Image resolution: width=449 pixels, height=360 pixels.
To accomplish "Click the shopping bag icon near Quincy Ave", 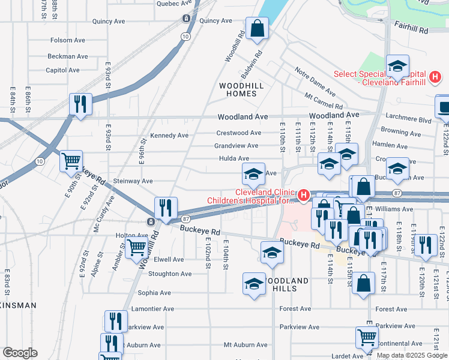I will click(257, 28).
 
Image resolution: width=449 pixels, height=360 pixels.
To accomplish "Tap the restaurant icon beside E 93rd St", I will click(80, 104).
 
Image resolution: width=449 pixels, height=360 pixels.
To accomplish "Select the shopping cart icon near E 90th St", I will click(71, 160).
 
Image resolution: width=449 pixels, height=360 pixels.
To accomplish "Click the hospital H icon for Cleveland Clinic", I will click(304, 195).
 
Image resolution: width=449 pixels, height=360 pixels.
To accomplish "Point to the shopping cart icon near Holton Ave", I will click(137, 246).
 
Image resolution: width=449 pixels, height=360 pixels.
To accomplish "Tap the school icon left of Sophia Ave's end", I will click(254, 283).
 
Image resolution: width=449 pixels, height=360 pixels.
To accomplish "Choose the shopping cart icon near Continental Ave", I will click(367, 338).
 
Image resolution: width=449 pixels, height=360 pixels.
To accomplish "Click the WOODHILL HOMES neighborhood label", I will click(241, 90).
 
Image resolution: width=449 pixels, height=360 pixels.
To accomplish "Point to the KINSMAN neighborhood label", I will click(18, 305).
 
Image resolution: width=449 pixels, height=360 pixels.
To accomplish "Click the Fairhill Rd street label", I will click(411, 27).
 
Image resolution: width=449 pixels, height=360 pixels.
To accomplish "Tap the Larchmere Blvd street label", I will click(409, 120).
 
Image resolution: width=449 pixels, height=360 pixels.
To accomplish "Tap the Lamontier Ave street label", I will click(154, 309).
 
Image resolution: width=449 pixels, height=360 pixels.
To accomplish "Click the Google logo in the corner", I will click(20, 353).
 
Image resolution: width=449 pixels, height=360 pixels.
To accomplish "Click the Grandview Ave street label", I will click(237, 146).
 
